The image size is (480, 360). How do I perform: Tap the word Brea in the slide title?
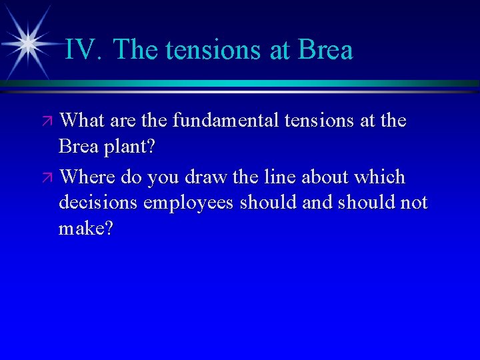[x=326, y=50]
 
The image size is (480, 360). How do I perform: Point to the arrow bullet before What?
[x=47, y=123]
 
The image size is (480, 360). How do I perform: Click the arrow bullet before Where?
[x=47, y=179]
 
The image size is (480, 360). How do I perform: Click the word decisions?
[x=95, y=203]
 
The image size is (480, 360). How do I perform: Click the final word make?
[x=86, y=229]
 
